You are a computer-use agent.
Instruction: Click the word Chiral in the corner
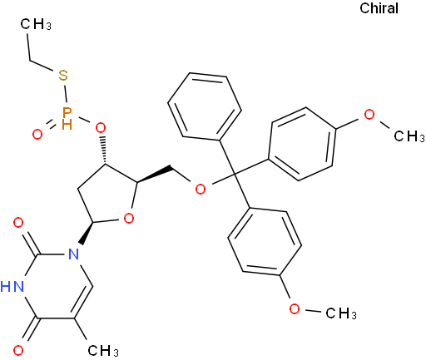(379, 8)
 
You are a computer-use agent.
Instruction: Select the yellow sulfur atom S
(63, 75)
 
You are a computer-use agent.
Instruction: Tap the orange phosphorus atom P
(67, 112)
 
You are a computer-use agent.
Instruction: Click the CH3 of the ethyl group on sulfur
(36, 24)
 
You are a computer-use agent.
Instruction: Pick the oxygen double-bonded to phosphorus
(37, 135)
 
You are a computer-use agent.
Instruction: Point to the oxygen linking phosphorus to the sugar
(101, 128)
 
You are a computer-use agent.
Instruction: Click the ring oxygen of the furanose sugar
(129, 219)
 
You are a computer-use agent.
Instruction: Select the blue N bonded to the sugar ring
(74, 254)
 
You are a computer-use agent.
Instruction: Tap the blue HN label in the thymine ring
(12, 286)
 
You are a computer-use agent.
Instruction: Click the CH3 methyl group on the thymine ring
(103, 351)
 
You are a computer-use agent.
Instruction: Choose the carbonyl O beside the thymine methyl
(18, 350)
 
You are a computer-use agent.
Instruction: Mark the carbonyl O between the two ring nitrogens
(18, 223)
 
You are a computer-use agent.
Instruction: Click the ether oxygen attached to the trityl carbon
(201, 189)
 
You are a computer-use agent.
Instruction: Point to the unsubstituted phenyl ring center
(205, 106)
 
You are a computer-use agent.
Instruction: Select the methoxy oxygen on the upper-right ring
(369, 114)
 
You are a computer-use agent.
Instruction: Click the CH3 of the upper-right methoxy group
(409, 136)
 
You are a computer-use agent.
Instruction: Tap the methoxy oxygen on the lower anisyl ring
(295, 308)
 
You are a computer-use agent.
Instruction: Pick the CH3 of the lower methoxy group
(341, 313)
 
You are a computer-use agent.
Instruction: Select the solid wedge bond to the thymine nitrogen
(87, 233)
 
